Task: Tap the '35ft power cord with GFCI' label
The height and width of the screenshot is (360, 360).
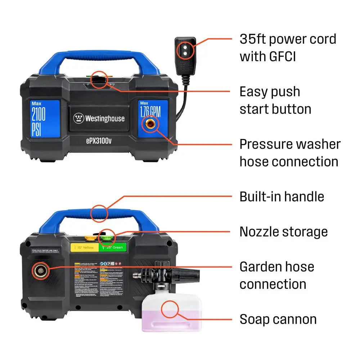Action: (288, 48)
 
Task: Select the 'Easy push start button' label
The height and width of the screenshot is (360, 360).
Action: (275, 100)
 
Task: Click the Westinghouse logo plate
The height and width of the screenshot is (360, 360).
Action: (99, 118)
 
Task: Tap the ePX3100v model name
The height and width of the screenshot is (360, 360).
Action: (99, 141)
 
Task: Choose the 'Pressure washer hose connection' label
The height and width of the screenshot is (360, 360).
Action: (290, 153)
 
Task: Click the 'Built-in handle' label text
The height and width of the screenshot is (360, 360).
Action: (282, 197)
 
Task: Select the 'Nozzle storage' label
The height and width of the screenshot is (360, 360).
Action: (284, 231)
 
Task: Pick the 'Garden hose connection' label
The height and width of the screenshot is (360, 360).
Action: (276, 275)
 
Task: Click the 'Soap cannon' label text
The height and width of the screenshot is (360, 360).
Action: (278, 319)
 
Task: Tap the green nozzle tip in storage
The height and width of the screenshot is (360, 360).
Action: (106, 237)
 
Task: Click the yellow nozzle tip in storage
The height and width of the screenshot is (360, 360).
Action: (88, 237)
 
